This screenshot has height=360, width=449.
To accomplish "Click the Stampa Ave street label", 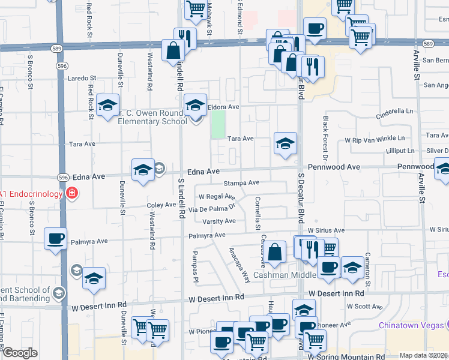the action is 241,182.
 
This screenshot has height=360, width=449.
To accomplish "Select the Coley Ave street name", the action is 161,205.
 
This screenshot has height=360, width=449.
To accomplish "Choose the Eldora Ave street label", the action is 223,107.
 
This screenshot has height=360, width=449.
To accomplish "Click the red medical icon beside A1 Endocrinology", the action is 72,193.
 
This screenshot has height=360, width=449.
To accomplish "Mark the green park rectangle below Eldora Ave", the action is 218,124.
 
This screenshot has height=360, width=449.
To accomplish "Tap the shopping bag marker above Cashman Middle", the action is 276,253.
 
